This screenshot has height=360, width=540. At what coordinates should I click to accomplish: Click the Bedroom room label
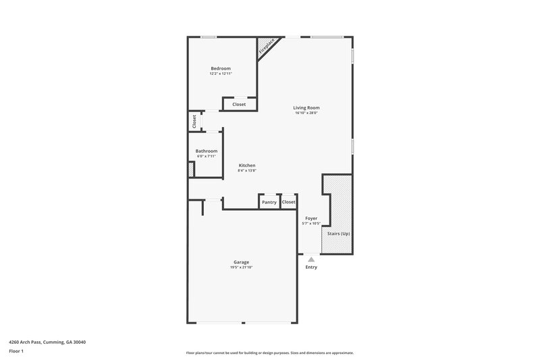pos(221,68)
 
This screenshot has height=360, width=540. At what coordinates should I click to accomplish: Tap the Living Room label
pos(306,107)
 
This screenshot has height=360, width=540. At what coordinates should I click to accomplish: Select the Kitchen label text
pos(246,165)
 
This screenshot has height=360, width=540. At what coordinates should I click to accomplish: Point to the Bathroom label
pos(206,151)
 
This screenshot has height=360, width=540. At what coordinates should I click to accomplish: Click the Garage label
pos(241,262)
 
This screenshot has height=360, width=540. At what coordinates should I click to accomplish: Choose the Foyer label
pos(310,218)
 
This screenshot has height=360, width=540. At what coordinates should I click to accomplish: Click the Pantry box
pos(269,202)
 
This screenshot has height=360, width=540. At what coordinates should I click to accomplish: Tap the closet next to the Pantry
pos(289,202)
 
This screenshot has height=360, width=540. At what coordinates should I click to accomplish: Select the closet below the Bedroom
pos(239,105)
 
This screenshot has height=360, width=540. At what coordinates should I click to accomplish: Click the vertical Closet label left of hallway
pos(194,122)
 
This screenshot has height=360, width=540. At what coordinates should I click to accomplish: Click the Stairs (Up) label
pos(338,234)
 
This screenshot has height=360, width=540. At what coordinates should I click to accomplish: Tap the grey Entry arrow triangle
pos(310,259)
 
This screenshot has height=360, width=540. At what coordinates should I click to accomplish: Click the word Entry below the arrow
pos(310,267)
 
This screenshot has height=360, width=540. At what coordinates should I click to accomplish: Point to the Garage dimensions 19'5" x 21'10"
pos(241,268)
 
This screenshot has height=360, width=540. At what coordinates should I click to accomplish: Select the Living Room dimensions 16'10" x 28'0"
pos(306,113)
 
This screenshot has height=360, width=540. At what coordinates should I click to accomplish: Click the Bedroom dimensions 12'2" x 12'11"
pos(221,74)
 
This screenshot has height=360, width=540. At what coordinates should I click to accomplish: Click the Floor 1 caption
pos(16,352)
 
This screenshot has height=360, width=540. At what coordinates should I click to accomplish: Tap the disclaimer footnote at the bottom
pos(269,353)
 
